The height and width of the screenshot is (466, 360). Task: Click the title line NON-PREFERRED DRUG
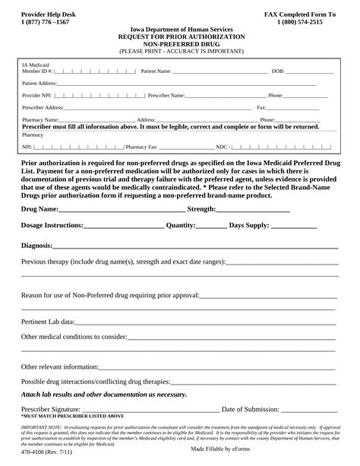tap(180, 43)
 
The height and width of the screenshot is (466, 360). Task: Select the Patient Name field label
tap(156, 71)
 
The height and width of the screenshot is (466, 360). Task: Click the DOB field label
tap(277, 71)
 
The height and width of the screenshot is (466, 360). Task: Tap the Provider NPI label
tap(36, 96)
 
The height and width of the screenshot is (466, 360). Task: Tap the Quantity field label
tap(181, 226)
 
